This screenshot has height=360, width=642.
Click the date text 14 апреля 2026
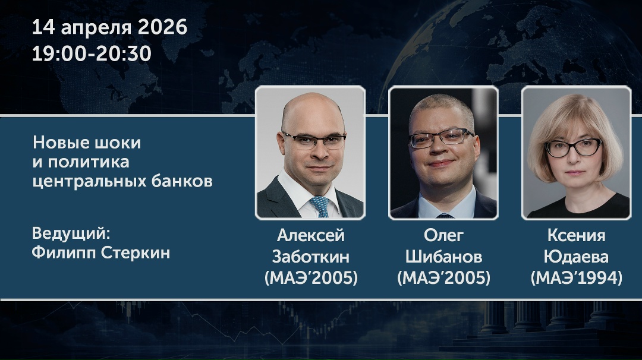click(109, 27)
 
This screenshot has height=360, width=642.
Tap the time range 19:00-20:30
click(92, 54)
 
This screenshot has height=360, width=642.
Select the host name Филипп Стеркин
click(101, 252)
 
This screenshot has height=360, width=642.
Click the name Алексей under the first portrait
click(310, 236)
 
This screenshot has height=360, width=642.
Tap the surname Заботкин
click(310, 257)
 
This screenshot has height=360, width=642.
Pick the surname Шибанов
click(443, 257)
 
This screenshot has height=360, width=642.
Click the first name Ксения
click(576, 236)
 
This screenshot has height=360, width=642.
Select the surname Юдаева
click(576, 257)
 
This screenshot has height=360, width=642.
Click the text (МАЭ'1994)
click(576, 277)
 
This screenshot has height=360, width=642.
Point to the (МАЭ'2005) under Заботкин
click(310, 277)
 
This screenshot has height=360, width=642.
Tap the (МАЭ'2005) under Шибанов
click(443, 277)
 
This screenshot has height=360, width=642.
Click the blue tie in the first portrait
click(319, 206)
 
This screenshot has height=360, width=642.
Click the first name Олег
click(443, 236)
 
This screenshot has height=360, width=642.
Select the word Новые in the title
click(57, 143)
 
